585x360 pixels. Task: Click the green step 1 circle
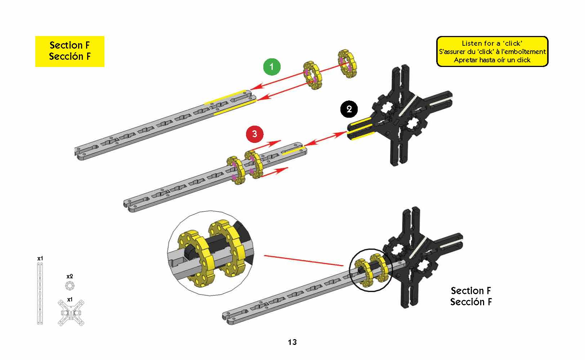(272, 67)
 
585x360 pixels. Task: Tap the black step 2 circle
(349, 109)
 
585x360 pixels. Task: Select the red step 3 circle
(255, 134)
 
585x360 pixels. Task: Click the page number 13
(292, 342)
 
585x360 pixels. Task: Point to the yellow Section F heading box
(70, 51)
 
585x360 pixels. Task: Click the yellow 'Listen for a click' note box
(492, 51)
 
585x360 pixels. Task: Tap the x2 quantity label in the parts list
(70, 276)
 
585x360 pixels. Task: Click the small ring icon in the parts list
(70, 286)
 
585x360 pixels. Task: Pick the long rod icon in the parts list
(40, 294)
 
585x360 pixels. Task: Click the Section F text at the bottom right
(471, 296)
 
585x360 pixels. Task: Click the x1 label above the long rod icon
(40, 258)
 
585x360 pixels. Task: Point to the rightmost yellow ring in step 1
(348, 64)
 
